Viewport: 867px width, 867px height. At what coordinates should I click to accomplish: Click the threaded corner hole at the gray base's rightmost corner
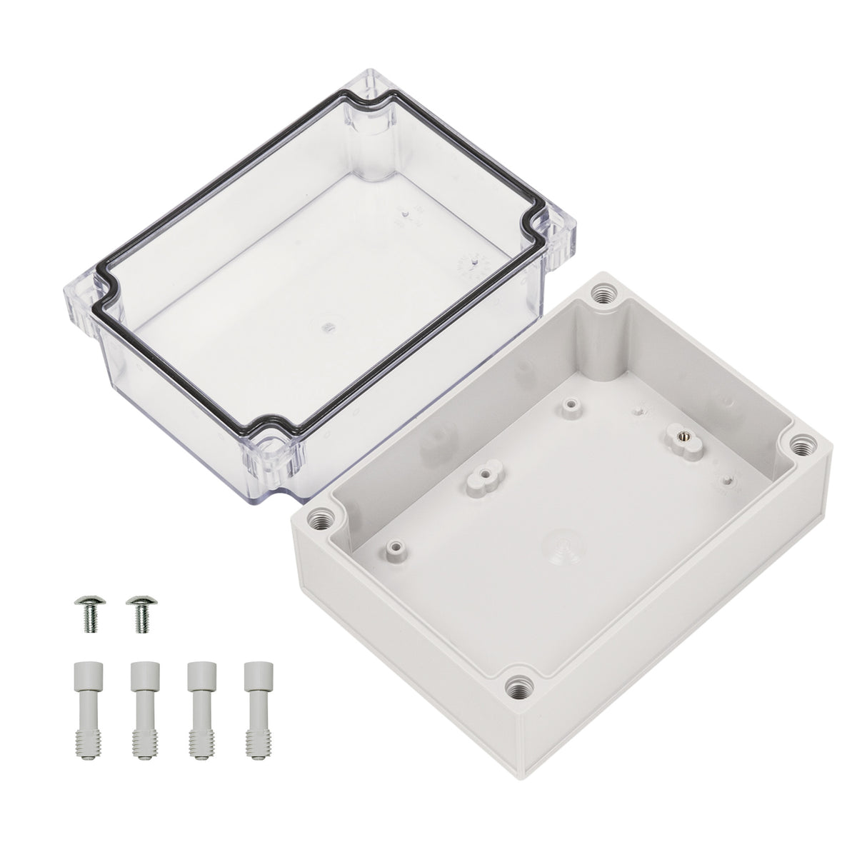click(803, 445)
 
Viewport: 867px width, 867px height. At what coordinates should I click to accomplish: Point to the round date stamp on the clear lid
click(469, 269)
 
